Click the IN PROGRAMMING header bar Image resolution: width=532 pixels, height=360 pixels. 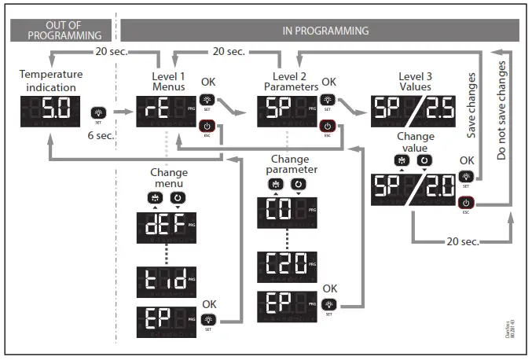(x=325, y=31)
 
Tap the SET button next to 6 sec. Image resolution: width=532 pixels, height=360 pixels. (x=99, y=113)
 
